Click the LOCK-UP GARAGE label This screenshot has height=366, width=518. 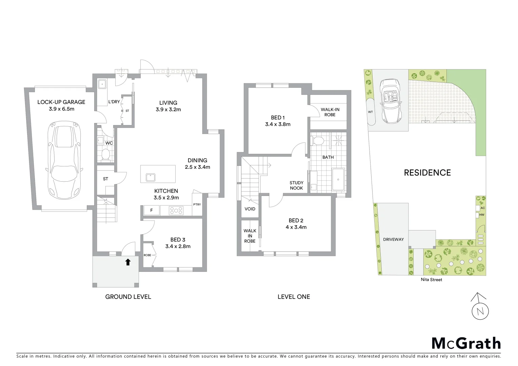[x=61, y=102]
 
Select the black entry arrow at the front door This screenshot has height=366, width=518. [x=128, y=262]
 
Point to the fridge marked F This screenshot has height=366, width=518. [x=152, y=210]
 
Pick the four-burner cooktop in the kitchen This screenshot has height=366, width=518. [x=176, y=210]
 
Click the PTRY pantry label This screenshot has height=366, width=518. [x=197, y=204]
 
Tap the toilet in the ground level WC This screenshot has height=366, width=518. [x=106, y=155]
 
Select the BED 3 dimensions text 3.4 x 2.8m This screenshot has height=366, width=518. [x=178, y=246]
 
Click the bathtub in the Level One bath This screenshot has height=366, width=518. [x=338, y=180]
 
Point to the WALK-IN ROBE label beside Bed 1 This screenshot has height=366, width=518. [x=330, y=112]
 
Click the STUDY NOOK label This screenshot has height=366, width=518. [x=296, y=185]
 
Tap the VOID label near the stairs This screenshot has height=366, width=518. [x=250, y=209]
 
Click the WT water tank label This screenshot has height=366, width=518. [x=370, y=112]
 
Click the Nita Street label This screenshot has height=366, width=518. [x=431, y=280]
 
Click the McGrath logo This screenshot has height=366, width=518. [x=466, y=343]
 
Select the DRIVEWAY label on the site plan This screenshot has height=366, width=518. [x=393, y=239]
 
